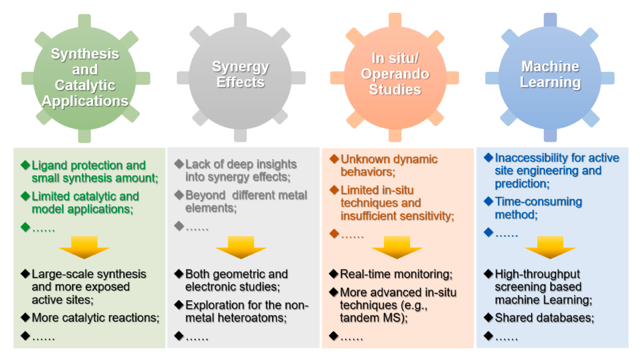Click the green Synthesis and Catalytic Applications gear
pyautogui.click(x=85, y=78)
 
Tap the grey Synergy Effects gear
pyautogui.click(x=241, y=77)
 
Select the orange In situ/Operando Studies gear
pyautogui.click(x=394, y=77)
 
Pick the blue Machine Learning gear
pyautogui.click(x=550, y=77)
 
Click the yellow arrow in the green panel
pyautogui.click(x=84, y=247)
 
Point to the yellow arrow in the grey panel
pyautogui.click(x=241, y=247)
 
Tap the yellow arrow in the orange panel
pyautogui.click(x=396, y=247)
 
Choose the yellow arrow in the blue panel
pyautogui.click(x=550, y=247)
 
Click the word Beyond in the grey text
pyautogui.click(x=205, y=196)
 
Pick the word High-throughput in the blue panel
pyautogui.click(x=537, y=274)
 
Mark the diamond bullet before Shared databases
pyautogui.click(x=489, y=318)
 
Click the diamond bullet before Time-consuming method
pyautogui.click(x=489, y=201)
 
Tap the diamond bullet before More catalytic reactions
pyautogui.click(x=26, y=318)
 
